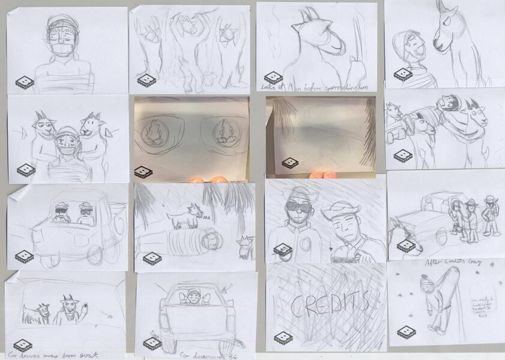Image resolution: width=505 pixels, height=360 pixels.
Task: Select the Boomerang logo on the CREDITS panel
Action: (x=283, y=338)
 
